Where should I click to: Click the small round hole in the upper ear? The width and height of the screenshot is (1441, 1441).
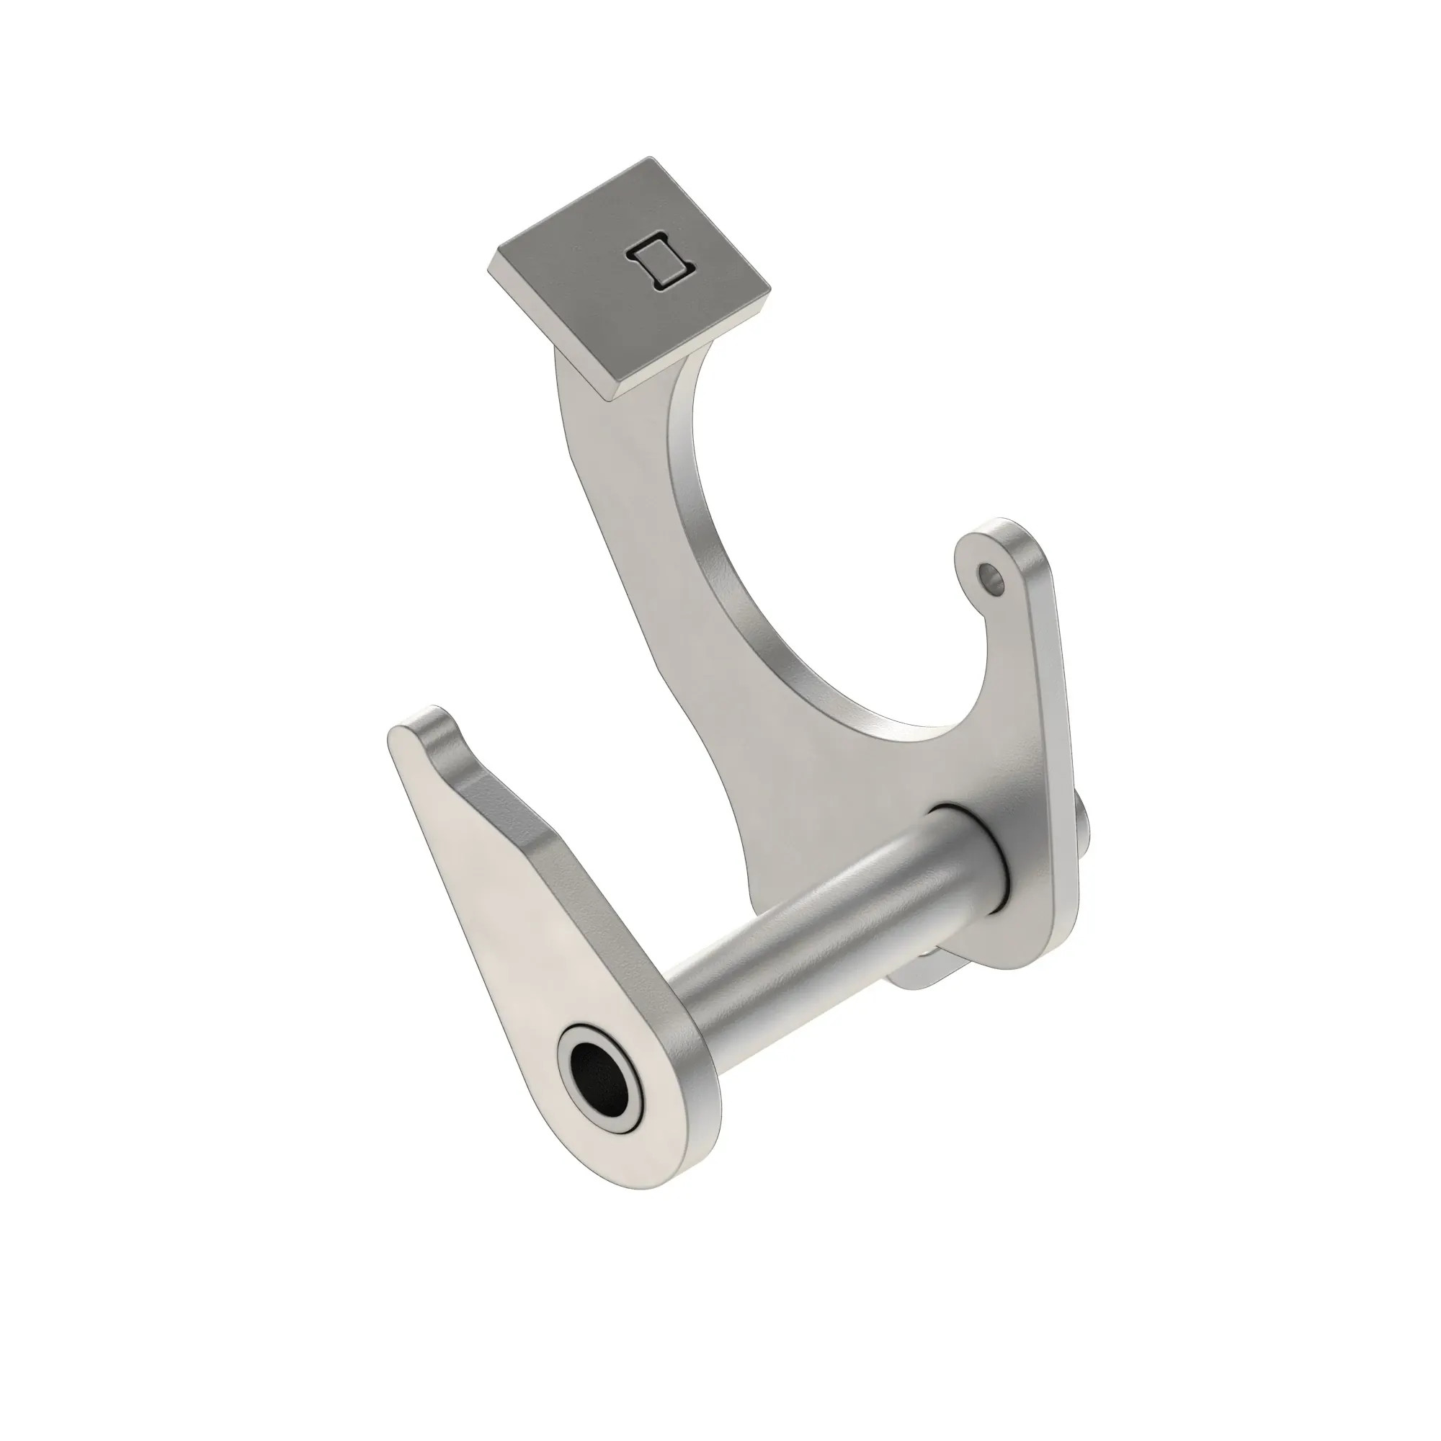coord(991,576)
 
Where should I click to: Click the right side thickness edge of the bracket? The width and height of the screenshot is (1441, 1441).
coord(1063,746)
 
